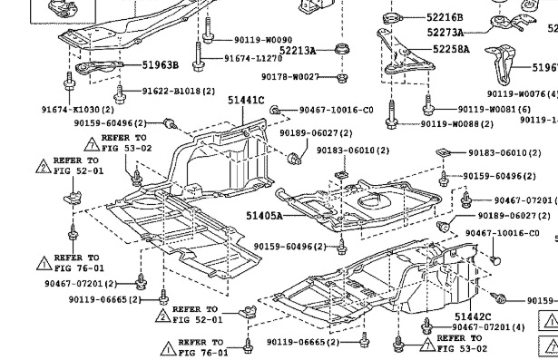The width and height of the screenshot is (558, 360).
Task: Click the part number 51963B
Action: click(161, 65)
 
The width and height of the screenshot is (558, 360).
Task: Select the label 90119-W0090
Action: click(262, 40)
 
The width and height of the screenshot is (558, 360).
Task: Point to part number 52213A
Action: click(297, 50)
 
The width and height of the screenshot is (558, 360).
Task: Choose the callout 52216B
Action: click(445, 17)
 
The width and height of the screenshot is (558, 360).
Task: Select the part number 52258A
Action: click(451, 48)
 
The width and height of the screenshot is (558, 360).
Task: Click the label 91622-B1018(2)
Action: click(178, 92)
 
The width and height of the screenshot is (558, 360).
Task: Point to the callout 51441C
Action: click(245, 101)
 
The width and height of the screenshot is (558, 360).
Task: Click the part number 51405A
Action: click(262, 216)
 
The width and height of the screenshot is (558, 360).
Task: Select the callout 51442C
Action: click(473, 315)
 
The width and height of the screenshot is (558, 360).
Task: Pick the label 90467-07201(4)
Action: click(488, 326)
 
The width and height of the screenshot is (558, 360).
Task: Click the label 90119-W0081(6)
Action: click(494, 109)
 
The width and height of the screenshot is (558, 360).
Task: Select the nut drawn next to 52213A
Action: click(343, 49)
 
